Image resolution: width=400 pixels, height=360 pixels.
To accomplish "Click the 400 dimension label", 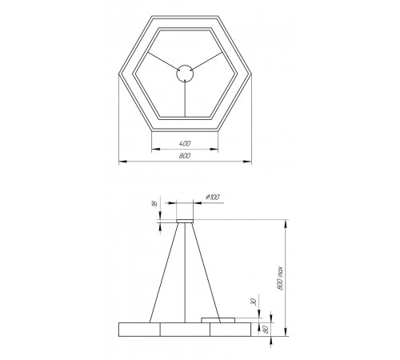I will (x=185, y=143).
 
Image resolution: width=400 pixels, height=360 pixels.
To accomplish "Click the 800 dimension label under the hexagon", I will (x=185, y=157).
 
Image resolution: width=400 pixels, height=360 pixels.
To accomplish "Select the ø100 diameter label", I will (x=213, y=196).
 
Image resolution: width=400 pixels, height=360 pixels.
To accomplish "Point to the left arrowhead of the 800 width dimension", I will (x=121, y=162).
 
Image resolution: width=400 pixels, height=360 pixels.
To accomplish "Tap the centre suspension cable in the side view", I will (x=185, y=272).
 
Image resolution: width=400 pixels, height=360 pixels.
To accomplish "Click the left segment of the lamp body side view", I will (x=138, y=329).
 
